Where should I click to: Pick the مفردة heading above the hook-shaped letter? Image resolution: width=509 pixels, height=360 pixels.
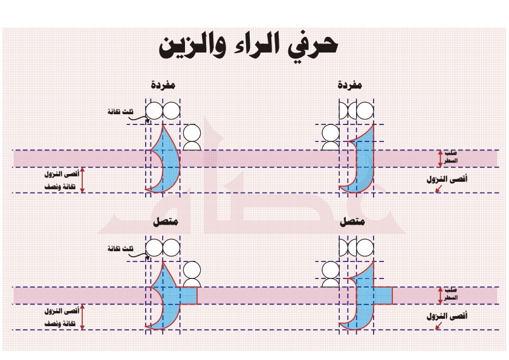click(x=350, y=86)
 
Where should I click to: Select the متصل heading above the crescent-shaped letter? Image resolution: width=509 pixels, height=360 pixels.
click(x=164, y=223)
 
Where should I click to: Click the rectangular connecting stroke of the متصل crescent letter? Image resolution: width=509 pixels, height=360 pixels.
click(x=189, y=296)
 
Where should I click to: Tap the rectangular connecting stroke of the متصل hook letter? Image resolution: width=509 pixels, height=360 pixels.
click(x=383, y=295)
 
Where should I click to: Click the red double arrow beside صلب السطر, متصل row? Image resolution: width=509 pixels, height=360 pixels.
click(x=440, y=295)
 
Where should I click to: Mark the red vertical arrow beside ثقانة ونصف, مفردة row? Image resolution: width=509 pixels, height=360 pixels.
click(x=83, y=180)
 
